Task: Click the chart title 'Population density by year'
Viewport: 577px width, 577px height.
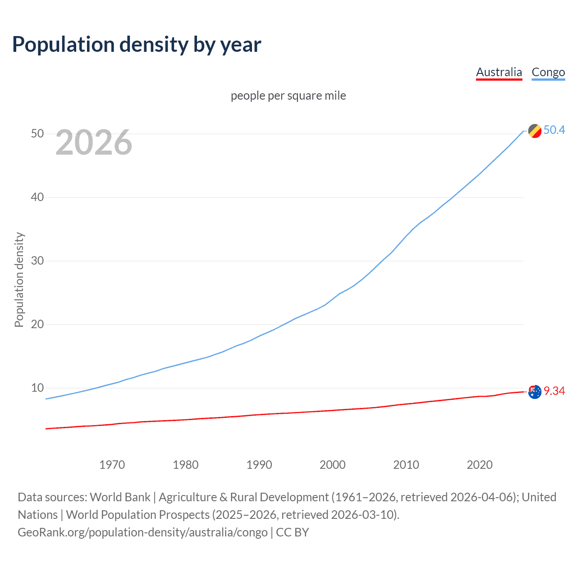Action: click(x=137, y=45)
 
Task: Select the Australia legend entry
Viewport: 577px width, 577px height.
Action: click(x=499, y=72)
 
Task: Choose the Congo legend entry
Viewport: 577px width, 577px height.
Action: click(x=548, y=72)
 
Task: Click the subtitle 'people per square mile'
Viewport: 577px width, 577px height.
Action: click(x=288, y=96)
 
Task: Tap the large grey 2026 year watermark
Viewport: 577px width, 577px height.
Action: click(x=94, y=142)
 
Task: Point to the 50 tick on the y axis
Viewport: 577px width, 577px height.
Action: click(x=37, y=133)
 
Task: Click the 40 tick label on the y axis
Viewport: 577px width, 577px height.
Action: click(x=37, y=197)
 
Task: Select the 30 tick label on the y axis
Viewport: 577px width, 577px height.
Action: click(x=37, y=261)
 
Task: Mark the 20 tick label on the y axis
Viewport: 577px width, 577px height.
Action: click(x=37, y=324)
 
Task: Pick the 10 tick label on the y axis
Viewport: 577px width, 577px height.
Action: click(x=37, y=388)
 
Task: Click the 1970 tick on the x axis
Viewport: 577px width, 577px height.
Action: click(x=112, y=465)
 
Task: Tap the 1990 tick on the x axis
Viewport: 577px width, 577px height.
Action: click(x=259, y=465)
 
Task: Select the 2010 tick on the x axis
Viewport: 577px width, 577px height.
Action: click(x=406, y=465)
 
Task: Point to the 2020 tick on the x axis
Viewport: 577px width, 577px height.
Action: click(x=479, y=465)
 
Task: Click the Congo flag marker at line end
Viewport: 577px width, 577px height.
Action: click(x=535, y=131)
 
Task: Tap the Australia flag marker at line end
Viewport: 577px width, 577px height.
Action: click(x=535, y=392)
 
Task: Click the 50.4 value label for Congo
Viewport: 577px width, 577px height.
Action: click(x=554, y=130)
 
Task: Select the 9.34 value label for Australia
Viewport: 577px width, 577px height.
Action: click(x=554, y=391)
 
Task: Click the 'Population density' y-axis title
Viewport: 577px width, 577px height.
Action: click(x=19, y=279)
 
